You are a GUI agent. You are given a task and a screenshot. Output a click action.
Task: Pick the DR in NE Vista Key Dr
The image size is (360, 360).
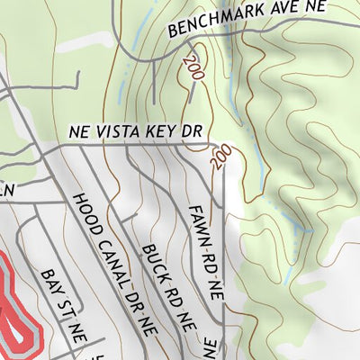pyautogui.click(x=192, y=131)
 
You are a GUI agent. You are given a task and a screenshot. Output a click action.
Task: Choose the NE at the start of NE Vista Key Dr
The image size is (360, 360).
pyautogui.click(x=80, y=131)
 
